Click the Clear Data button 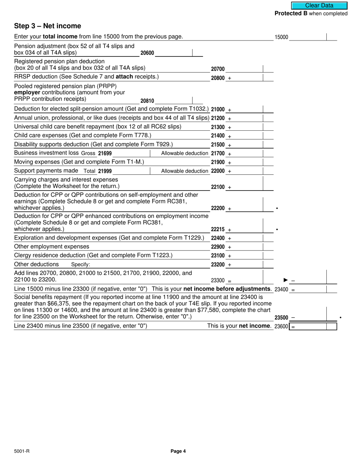pos(319,6)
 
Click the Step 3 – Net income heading pos(47,26)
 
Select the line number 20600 pos(147,53)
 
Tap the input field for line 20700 pos(244,69)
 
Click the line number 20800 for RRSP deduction pos(218,78)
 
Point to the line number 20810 pos(147,101)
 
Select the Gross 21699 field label pos(96,153)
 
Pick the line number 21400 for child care pos(218,136)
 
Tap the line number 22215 pos(218,230)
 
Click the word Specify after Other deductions pos(80,264)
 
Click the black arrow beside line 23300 pos(286,280)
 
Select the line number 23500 pos(281,318)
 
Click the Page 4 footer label pos(178,451)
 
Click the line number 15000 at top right pos(281,37)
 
